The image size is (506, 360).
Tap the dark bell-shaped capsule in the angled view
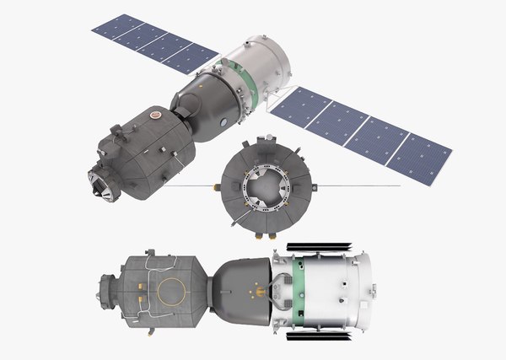(x=203, y=103)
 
